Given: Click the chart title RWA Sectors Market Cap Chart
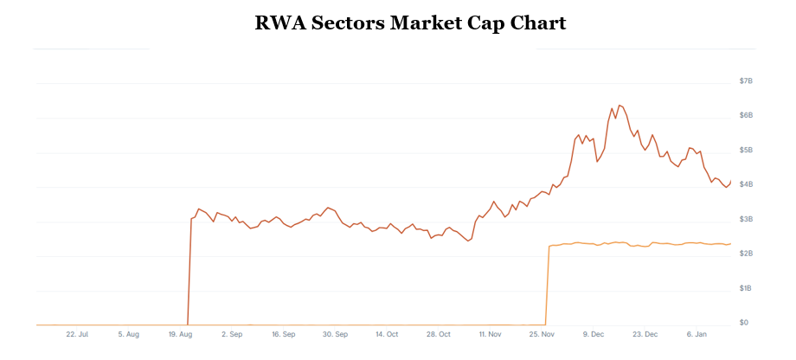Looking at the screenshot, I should tap(410, 23).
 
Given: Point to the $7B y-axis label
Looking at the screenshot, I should tap(746, 80).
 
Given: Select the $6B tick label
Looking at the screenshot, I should tap(746, 115).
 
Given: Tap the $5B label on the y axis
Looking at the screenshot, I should tap(746, 150).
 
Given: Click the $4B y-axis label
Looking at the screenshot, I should tap(746, 184).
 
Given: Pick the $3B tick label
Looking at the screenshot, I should tap(746, 219).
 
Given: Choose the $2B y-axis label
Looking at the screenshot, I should tap(746, 254).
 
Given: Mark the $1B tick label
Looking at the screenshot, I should tap(746, 288).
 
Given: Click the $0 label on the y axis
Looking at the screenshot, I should tap(743, 323).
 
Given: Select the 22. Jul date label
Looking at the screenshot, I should tap(77, 334).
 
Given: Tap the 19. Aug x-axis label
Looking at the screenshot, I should tap(179, 334).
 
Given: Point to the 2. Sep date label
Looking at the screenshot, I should tap(232, 334).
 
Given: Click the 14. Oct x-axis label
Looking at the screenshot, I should tap(387, 334).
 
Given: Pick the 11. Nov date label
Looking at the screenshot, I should tap(491, 334).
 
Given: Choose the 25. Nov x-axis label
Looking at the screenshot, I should tap(542, 334).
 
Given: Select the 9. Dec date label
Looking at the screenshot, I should tap(594, 334).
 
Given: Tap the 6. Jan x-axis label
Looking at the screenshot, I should tap(697, 334).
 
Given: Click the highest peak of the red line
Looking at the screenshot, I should tap(619, 105).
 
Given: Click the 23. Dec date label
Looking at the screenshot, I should tap(645, 334).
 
